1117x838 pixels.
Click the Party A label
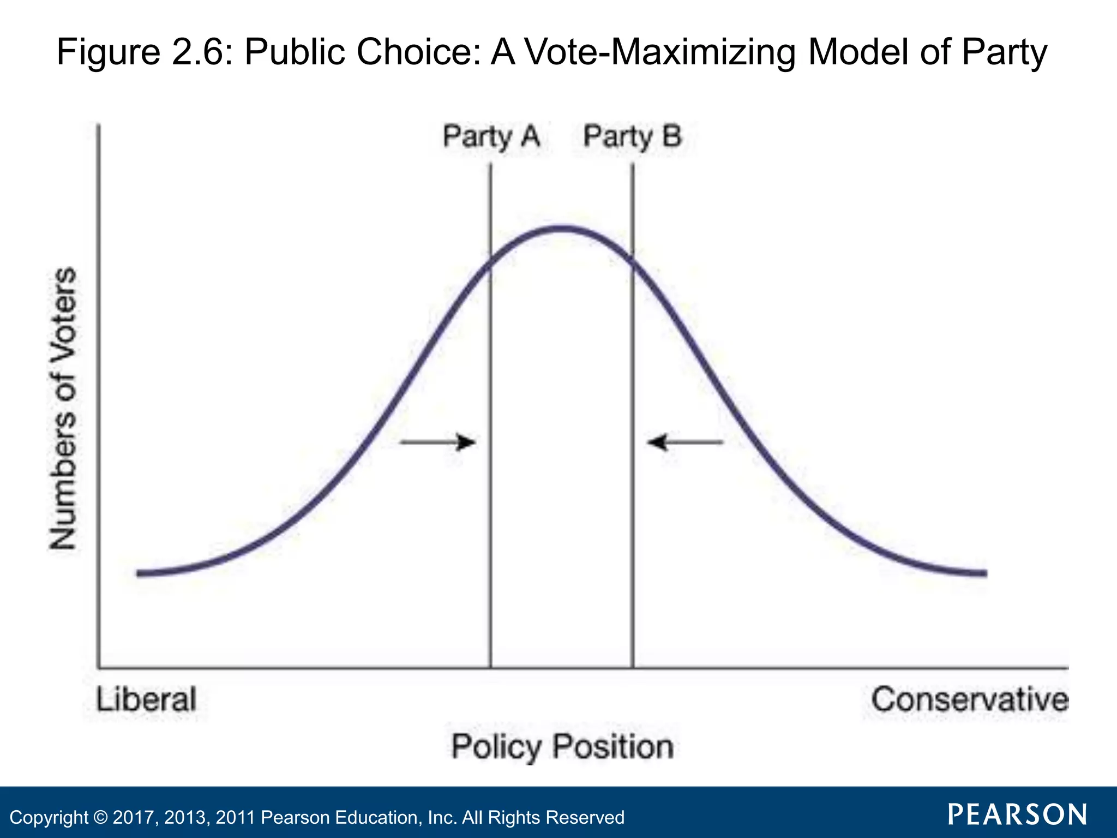(x=491, y=136)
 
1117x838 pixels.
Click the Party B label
(x=632, y=136)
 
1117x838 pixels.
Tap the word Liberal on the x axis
(x=146, y=699)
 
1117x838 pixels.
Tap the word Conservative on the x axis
(x=969, y=699)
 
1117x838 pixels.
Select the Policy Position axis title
(x=562, y=746)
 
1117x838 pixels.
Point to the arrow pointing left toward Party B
(x=685, y=442)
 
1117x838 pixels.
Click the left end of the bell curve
(x=140, y=573)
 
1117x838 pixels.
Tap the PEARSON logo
(x=1017, y=815)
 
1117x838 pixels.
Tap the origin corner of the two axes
(x=99, y=667)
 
